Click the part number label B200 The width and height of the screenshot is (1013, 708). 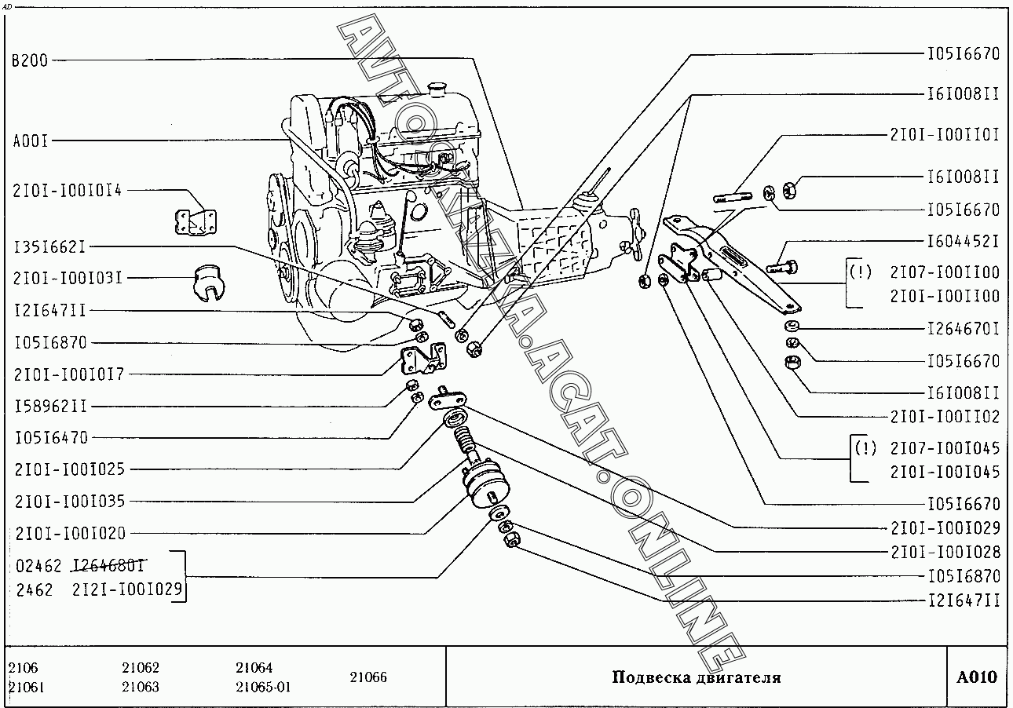point(30,60)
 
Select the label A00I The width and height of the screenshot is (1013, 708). point(31,141)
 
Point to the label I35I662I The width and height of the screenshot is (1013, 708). point(49,247)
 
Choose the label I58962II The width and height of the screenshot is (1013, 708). point(50,406)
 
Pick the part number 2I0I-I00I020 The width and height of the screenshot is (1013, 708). point(69,534)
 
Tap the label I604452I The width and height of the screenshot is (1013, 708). point(964,241)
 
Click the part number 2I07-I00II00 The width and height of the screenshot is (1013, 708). point(945,272)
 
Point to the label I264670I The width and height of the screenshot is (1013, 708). point(964,328)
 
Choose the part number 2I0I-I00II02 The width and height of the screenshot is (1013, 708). point(945,417)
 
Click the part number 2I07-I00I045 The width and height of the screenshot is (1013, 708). point(945,448)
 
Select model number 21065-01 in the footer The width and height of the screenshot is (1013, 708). point(263,687)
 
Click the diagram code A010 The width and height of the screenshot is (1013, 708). point(977,677)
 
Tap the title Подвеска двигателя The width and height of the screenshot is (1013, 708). point(696,677)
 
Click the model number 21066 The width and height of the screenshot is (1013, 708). point(368,677)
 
